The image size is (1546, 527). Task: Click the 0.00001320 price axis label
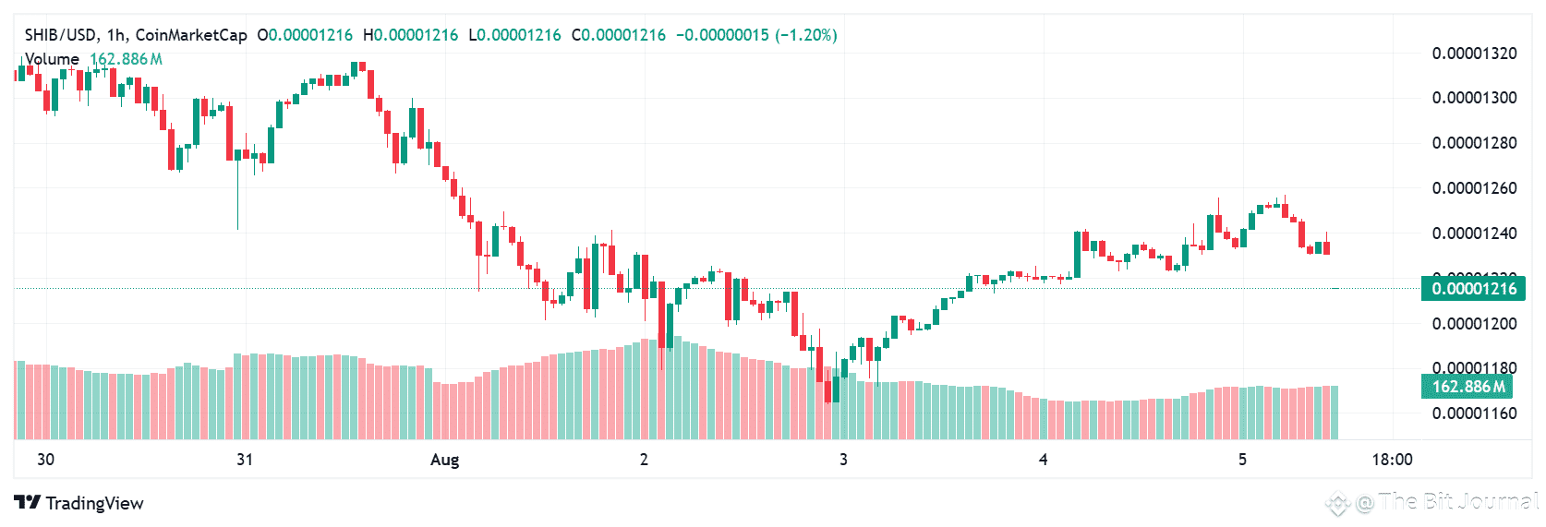(1474, 54)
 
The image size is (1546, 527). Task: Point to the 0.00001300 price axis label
(1474, 98)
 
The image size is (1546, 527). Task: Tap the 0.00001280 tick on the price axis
(1474, 143)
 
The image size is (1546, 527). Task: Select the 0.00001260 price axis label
(1474, 188)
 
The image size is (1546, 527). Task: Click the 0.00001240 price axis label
(1474, 234)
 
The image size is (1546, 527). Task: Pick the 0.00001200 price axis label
(1474, 324)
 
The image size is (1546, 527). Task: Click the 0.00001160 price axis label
(1474, 413)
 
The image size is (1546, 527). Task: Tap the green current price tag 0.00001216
(1473, 289)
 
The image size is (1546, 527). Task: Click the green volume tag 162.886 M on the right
(1467, 387)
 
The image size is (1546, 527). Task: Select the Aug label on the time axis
(444, 460)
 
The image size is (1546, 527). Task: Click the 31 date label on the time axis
(245, 460)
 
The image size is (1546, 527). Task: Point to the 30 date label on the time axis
(45, 460)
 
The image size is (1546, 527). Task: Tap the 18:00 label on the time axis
(1392, 460)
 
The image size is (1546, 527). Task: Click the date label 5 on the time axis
(1242, 460)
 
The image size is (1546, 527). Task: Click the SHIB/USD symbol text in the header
(61, 35)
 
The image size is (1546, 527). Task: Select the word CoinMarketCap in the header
(191, 35)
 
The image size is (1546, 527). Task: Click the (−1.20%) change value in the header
(806, 35)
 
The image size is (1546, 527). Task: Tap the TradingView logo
(79, 503)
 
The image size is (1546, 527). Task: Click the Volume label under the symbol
(52, 59)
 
